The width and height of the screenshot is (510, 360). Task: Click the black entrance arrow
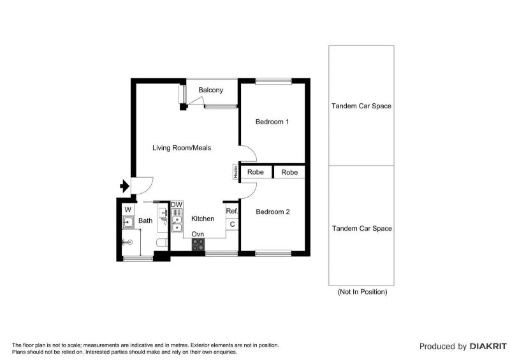point(124,186)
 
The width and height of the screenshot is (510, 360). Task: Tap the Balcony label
point(211,90)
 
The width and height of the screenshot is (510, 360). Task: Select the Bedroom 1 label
point(272,122)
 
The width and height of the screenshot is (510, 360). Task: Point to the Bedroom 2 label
point(273,212)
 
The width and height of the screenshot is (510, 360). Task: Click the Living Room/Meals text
point(182,148)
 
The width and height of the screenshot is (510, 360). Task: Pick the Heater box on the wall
point(235,171)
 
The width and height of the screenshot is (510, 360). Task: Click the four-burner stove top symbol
point(198,245)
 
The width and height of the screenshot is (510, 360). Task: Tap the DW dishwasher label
point(177,205)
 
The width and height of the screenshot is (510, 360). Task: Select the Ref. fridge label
point(232,211)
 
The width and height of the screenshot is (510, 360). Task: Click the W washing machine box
point(128,210)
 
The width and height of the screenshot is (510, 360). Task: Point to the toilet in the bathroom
point(162,243)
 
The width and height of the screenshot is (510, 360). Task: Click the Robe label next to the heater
point(256,172)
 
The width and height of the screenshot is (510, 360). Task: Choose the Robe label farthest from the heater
point(289,173)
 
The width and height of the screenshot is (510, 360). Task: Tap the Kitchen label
point(203,219)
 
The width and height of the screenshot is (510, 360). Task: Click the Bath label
point(145,220)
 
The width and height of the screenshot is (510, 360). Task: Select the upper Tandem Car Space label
point(361,106)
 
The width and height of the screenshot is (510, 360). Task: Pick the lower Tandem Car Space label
point(361,228)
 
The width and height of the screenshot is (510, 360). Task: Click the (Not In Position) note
point(362,292)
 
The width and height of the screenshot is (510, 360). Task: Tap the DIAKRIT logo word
point(488,347)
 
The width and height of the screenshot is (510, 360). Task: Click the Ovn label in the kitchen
point(198,234)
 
